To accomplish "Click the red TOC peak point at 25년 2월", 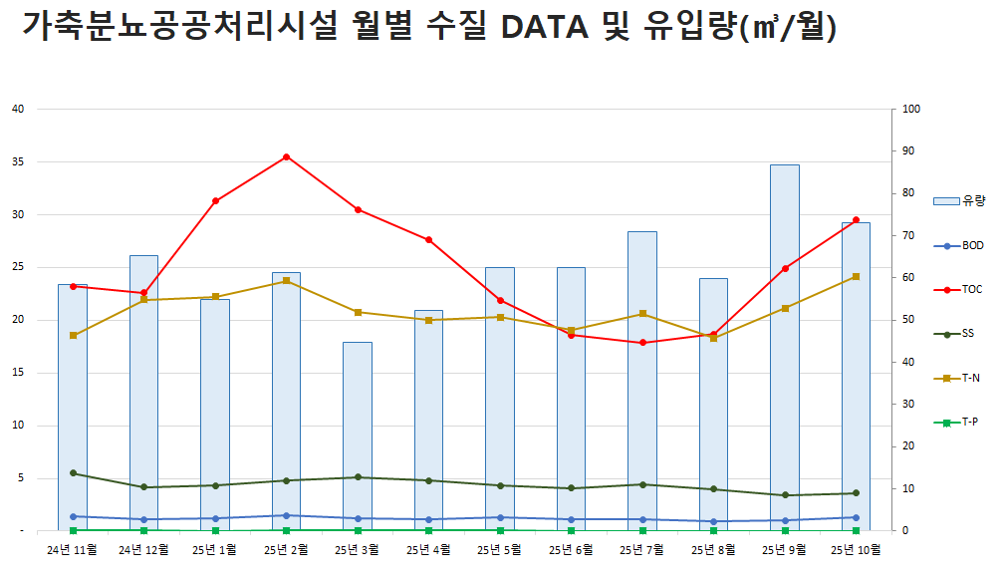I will coord(286,156).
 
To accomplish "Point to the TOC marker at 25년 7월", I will coord(642,343).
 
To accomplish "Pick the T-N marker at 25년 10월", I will coord(856,276).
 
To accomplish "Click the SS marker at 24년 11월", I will coord(73,473).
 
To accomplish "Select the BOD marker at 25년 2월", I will coord(286,515).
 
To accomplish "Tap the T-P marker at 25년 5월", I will coord(500,531).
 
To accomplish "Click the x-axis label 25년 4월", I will coord(428,549).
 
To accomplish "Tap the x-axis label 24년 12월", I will coord(143,549).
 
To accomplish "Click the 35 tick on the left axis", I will coord(17,161).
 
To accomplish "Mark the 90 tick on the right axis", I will coord(907,151).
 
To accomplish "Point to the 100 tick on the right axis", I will coord(910,109).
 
